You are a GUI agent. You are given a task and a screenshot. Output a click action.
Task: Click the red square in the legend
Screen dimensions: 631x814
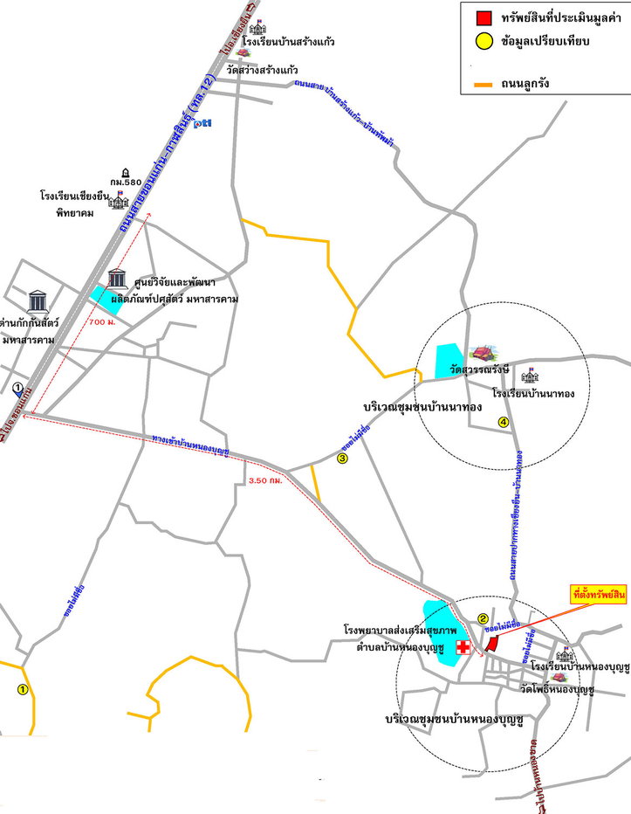(483, 17)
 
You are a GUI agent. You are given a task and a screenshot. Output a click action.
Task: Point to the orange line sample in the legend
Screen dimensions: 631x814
(482, 84)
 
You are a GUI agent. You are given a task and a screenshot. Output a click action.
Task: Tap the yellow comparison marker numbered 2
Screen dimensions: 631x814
(483, 620)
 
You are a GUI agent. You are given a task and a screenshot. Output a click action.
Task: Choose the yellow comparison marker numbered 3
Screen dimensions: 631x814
(343, 458)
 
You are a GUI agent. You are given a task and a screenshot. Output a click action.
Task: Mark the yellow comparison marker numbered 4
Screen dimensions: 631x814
(503, 423)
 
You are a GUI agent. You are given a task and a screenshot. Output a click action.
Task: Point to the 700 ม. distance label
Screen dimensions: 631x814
(102, 322)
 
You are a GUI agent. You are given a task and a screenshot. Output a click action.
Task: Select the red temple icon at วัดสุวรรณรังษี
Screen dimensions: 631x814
(479, 353)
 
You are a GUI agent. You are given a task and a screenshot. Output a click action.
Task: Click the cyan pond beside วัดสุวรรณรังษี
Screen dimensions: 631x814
(451, 361)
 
